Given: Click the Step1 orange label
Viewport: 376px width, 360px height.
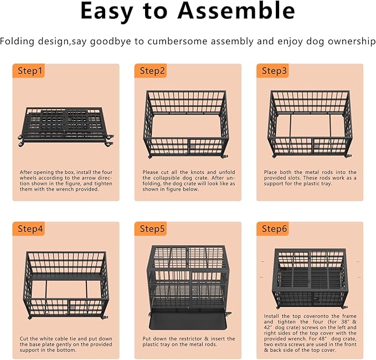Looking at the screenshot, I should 30,71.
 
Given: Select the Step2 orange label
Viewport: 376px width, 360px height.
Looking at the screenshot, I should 152,71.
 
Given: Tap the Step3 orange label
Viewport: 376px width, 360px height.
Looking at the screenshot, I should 274,71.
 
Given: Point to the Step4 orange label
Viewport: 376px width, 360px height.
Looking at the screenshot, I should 30,229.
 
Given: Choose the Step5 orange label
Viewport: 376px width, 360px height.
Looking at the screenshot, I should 152,229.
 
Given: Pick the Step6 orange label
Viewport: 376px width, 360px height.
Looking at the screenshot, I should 274,229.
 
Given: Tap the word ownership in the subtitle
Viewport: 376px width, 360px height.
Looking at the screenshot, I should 353,42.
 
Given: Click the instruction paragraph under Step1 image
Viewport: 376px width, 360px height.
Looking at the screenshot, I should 65,181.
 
